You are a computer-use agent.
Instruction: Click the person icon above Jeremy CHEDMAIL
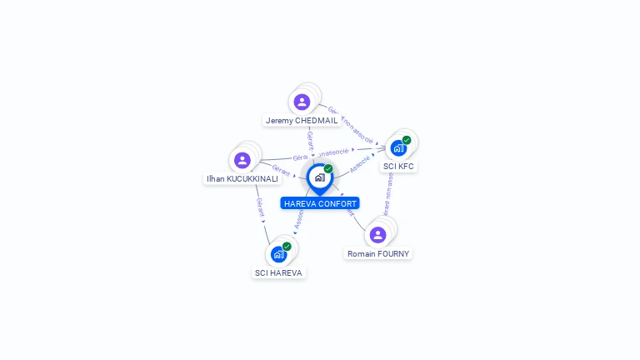(302, 102)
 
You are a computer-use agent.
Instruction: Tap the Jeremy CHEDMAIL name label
(302, 120)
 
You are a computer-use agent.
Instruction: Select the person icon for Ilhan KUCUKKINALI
(242, 160)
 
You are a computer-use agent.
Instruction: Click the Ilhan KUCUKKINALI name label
(242, 178)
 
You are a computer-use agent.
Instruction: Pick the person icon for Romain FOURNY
(377, 235)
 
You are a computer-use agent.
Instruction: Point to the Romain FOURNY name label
(378, 253)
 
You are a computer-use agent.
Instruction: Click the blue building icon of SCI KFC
(397, 148)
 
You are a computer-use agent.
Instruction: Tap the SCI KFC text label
(398, 166)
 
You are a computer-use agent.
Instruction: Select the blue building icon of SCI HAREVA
(278, 254)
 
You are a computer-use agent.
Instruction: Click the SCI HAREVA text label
(279, 272)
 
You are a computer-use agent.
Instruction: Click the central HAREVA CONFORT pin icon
(319, 177)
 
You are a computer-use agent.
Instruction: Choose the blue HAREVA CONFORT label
(320, 203)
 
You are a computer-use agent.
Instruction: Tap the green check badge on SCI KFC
(407, 140)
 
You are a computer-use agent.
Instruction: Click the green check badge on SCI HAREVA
(287, 247)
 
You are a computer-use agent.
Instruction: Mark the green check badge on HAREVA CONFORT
(328, 169)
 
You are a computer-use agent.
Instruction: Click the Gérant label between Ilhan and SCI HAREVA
(260, 207)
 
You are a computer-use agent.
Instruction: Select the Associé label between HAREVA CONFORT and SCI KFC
(360, 162)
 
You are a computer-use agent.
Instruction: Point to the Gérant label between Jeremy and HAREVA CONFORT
(310, 137)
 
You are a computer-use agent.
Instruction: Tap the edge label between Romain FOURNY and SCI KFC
(387, 193)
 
